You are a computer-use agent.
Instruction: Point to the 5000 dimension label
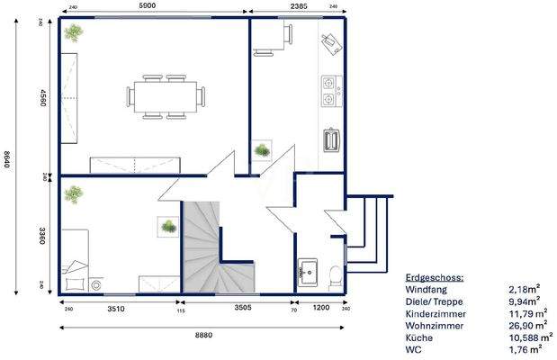(x=150, y=6)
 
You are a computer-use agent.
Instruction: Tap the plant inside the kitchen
(x=262, y=150)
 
